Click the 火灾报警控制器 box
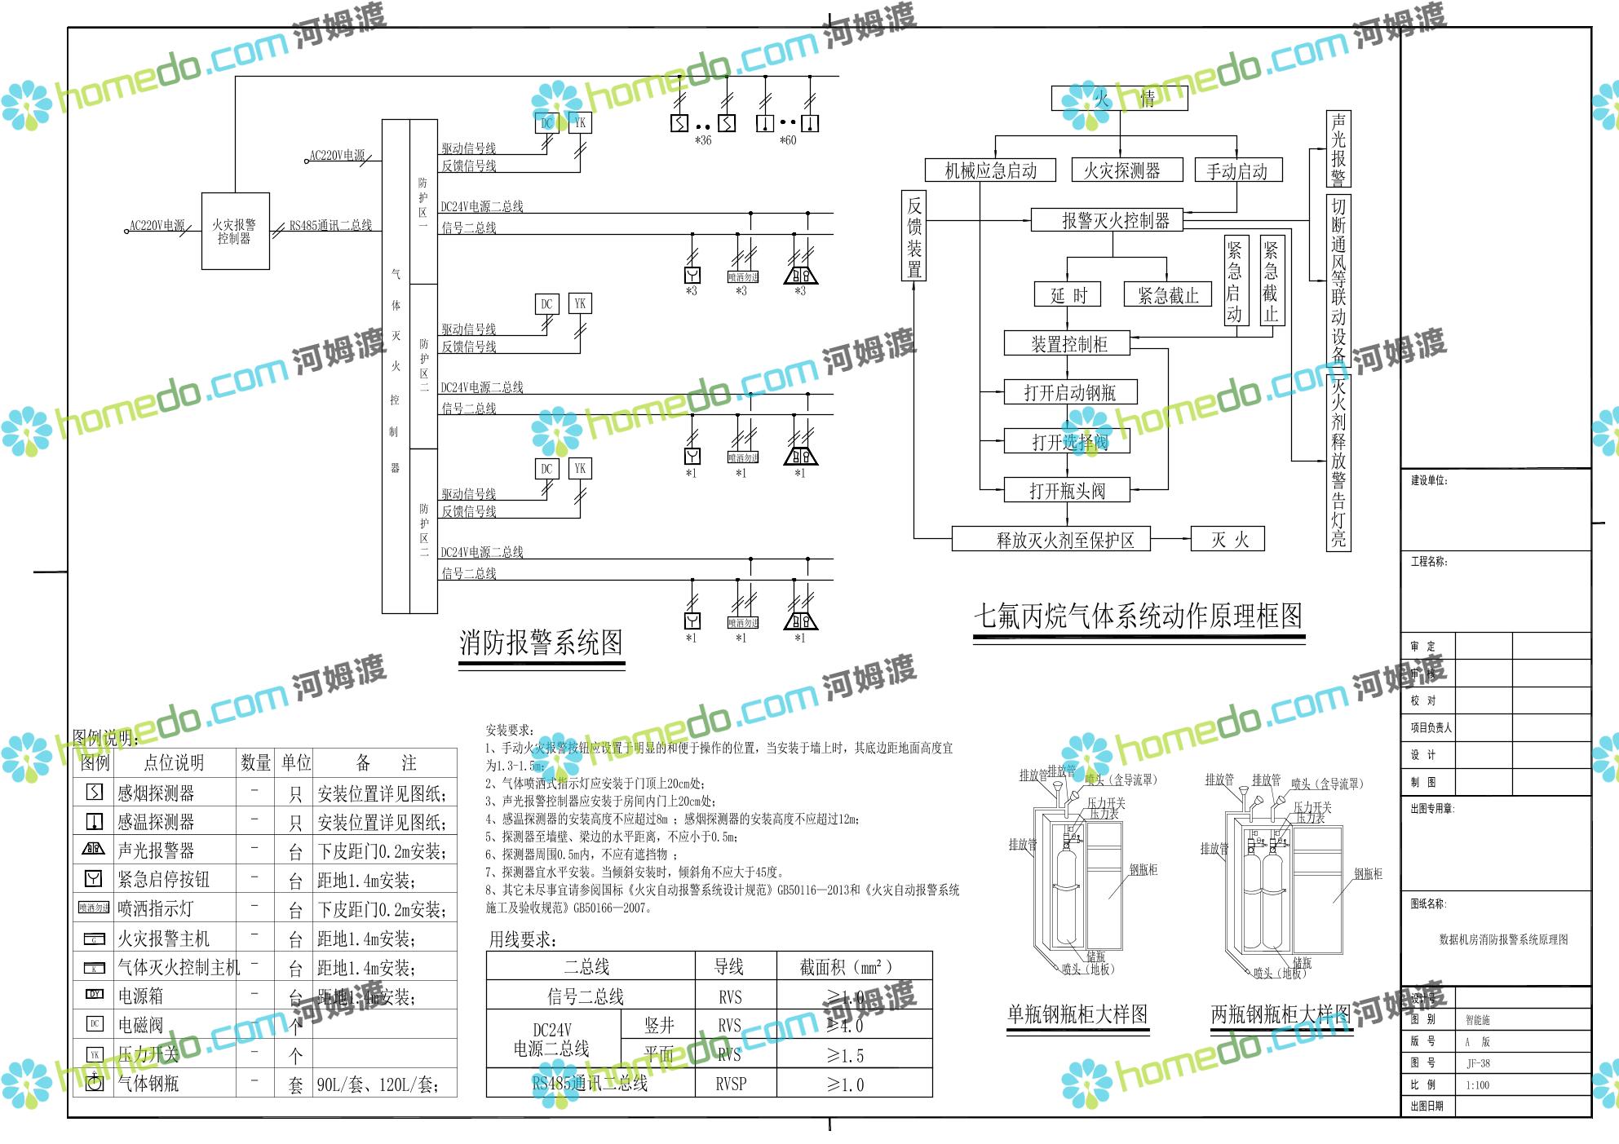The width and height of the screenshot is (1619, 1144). tap(235, 231)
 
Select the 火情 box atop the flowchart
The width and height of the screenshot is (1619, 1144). tap(1118, 99)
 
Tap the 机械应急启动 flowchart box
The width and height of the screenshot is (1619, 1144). tap(990, 170)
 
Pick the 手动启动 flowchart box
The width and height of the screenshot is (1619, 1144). tap(1236, 170)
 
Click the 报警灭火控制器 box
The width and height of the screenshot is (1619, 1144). tap(1115, 220)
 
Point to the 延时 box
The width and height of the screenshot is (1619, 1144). tap(1068, 295)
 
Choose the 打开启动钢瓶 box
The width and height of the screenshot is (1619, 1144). tap(1069, 392)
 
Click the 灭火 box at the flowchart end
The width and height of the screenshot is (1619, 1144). tap(1228, 539)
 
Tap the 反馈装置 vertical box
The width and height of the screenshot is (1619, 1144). tap(914, 236)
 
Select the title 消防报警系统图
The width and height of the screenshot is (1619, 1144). tap(541, 643)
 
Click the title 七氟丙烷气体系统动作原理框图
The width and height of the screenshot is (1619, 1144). tap(1138, 616)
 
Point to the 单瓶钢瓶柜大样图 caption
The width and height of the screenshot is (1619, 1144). tap(1077, 1014)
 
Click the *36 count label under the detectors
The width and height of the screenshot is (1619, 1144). tap(703, 140)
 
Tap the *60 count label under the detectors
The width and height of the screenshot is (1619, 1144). tap(788, 140)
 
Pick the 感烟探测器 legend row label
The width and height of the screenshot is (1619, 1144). tap(156, 793)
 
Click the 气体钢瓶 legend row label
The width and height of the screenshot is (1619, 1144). tap(148, 1083)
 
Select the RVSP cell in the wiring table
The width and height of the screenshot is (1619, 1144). tap(730, 1084)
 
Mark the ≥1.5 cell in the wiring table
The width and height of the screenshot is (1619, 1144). tap(845, 1055)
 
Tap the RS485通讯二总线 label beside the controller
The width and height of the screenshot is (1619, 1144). tap(330, 225)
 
